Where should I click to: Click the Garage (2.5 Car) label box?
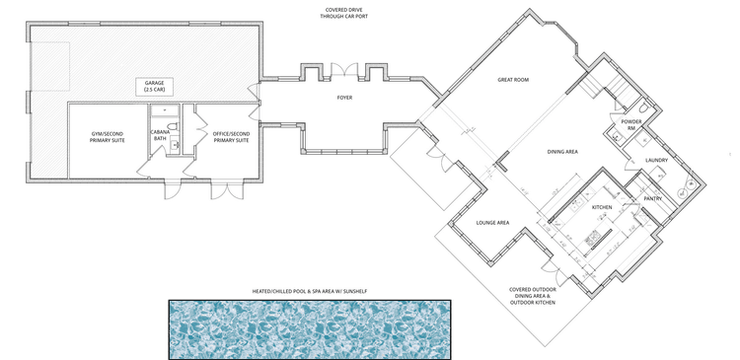(x=154, y=87)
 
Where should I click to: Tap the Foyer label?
(x=345, y=98)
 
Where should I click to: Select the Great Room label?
(x=513, y=80)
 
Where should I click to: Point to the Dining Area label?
(x=562, y=152)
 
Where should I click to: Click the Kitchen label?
(x=602, y=207)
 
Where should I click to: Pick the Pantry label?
(x=653, y=198)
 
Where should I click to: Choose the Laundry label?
(x=656, y=161)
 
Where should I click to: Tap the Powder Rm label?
(x=631, y=124)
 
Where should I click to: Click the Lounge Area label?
(x=492, y=223)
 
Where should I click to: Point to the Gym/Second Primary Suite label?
(x=108, y=137)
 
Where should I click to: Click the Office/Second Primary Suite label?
(x=231, y=137)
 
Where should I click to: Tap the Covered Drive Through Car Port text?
(x=343, y=13)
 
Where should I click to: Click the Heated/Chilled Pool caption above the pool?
(x=310, y=292)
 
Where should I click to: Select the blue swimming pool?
(x=310, y=329)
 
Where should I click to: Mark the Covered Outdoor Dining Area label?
(x=533, y=296)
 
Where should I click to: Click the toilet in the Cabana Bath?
(x=173, y=126)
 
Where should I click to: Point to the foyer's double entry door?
(x=344, y=69)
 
